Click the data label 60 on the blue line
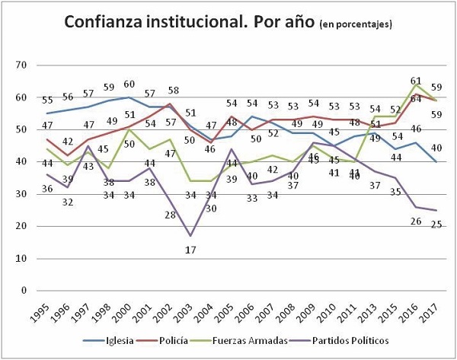tap(129, 85)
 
